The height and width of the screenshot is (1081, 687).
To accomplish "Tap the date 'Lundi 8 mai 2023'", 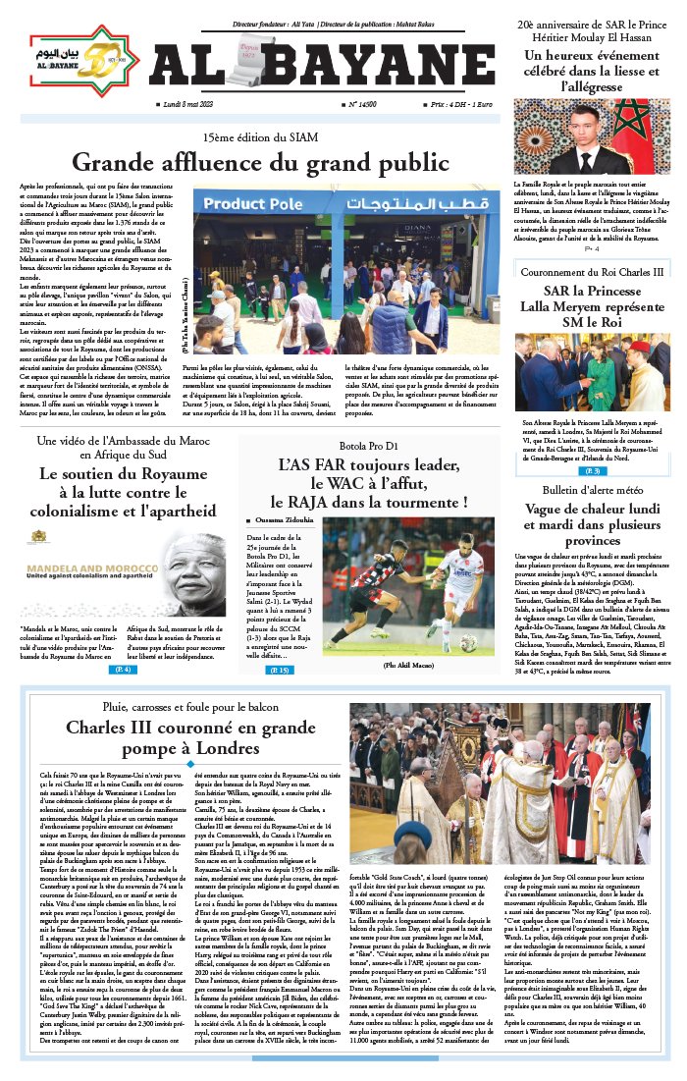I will (x=193, y=103).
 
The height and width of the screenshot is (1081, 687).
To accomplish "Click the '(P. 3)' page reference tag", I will (x=593, y=471).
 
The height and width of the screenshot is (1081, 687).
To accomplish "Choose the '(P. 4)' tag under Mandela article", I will (x=124, y=669).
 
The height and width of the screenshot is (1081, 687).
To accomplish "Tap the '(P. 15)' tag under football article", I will (x=280, y=670).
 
